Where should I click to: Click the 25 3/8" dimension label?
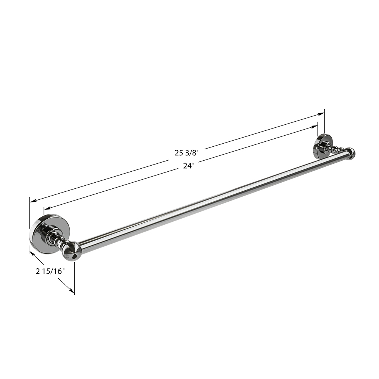click(186, 153)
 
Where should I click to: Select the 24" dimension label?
click(188, 166)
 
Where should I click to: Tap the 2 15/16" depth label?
click(50, 271)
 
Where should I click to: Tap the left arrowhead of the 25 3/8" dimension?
click(33, 200)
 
